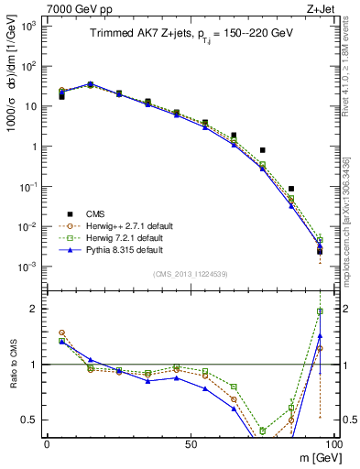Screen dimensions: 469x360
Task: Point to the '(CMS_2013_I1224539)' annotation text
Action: coord(190,271)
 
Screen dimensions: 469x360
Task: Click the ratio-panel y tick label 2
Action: coord(33,309)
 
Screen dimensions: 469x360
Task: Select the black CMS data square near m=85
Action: coord(291,189)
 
